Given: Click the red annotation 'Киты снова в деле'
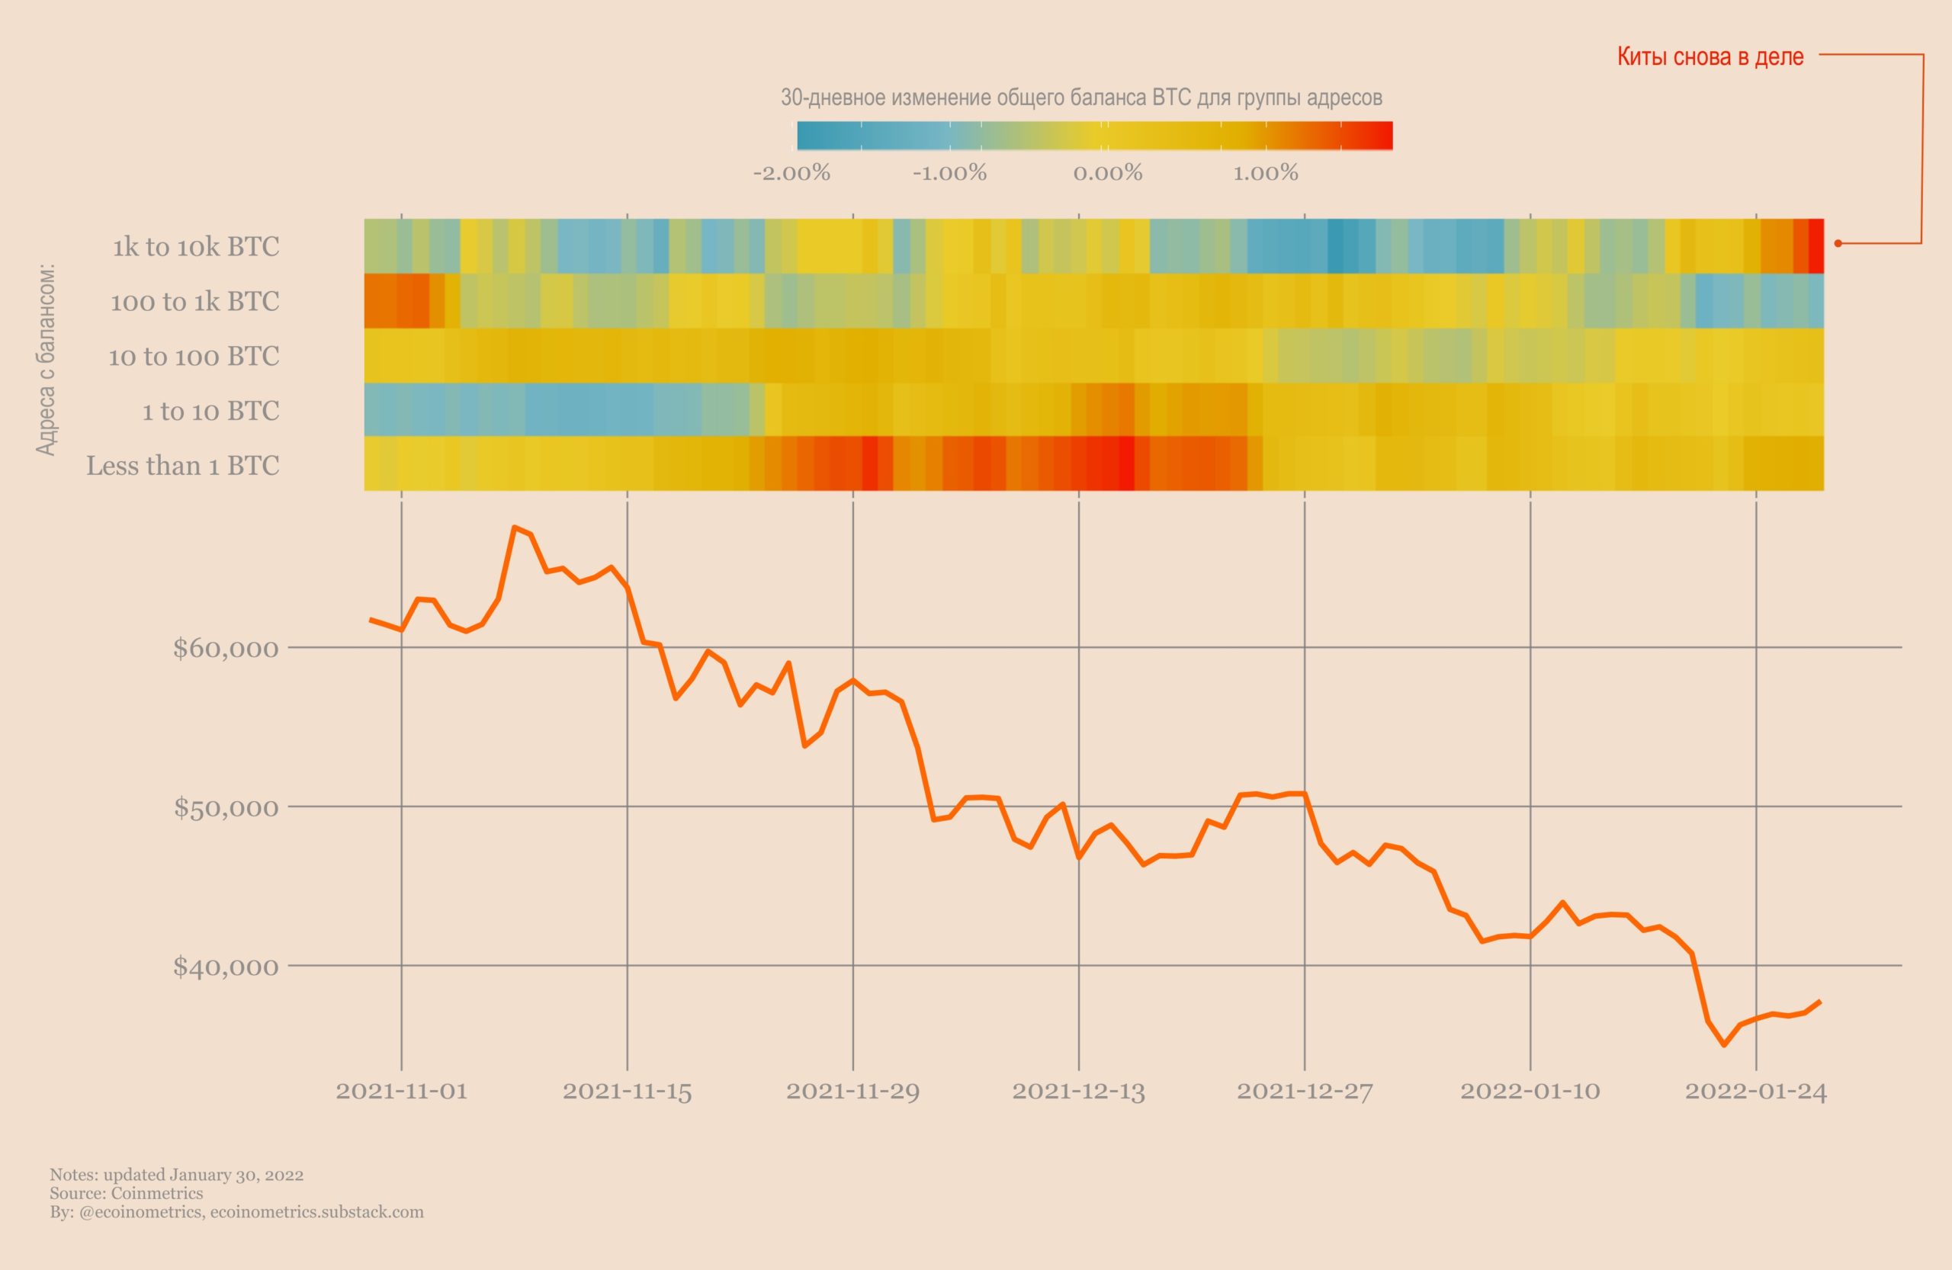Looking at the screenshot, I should [1710, 56].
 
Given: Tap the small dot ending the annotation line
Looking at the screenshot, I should [1837, 243].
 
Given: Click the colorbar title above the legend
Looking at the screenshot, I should [1081, 98].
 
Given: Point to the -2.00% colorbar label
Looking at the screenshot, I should [791, 173].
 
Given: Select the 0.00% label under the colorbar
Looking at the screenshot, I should [1107, 173].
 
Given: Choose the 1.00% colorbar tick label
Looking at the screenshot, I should [1266, 173].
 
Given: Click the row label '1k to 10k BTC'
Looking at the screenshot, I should [196, 247].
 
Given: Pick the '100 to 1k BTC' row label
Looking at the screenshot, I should [194, 302].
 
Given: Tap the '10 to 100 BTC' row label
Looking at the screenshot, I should [194, 357].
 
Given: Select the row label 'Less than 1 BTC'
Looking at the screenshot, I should [183, 466].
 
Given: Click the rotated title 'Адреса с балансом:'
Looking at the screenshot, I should [46, 358].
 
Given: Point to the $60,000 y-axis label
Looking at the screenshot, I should [226, 649].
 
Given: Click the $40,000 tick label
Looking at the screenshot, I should [226, 967].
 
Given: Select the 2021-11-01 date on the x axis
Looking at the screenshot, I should [401, 1092].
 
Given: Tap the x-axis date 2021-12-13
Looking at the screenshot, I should [1077, 1092].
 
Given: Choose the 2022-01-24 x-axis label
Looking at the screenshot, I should [1755, 1092].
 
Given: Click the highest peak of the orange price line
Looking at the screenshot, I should [514, 528].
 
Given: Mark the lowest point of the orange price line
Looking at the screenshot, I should [1724, 1044].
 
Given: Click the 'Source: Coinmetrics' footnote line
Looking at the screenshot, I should [127, 1193].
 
